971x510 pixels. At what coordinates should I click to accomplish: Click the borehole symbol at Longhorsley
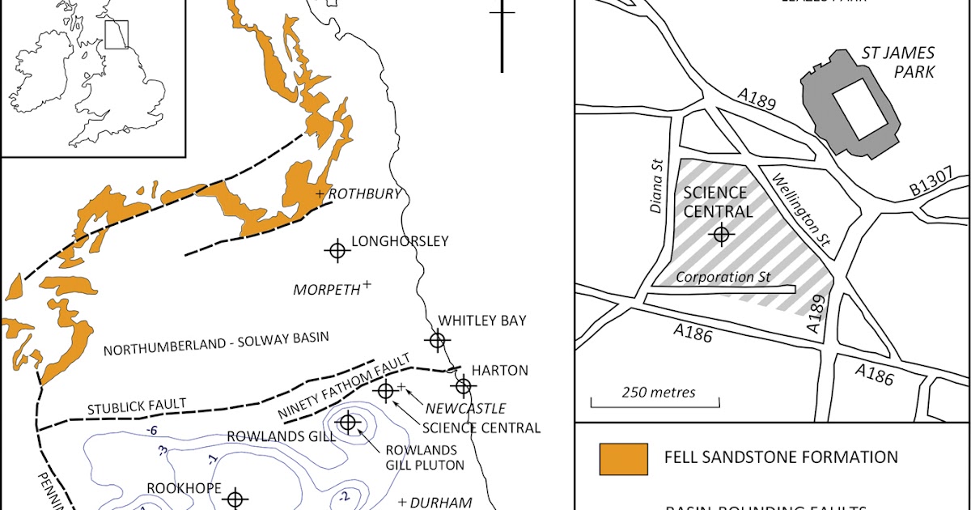coord(337,251)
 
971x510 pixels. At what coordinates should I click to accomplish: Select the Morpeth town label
coord(326,290)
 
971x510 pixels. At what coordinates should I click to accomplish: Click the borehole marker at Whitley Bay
coord(438,341)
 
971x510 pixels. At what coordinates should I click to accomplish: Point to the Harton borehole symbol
coord(463,386)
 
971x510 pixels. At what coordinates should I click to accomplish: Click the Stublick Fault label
coord(138,403)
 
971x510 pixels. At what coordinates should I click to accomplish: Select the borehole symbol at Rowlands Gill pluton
coord(348,422)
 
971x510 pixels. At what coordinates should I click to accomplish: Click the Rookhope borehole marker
coord(235,499)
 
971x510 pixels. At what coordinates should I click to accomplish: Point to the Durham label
coord(440,502)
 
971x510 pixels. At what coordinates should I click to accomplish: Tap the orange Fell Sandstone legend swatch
coord(623,458)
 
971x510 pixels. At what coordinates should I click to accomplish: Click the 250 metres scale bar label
coord(659,393)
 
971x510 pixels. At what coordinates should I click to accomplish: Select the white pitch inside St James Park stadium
coord(859,110)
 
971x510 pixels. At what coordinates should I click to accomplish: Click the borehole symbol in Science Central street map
coord(721,235)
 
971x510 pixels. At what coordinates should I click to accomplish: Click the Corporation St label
coord(723,277)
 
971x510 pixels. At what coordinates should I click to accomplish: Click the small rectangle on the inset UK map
coord(117,35)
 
